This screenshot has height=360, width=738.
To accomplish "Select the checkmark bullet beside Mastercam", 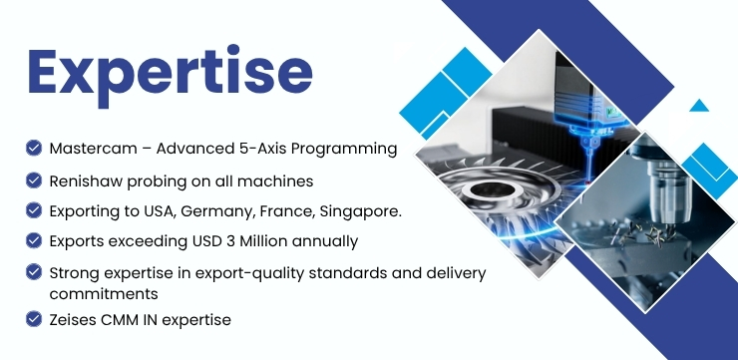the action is click(34, 148).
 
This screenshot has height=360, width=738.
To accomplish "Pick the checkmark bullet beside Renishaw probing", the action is click(34, 180).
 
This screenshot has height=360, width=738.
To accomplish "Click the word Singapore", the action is click(361, 211).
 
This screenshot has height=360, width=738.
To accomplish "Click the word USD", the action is click(207, 241).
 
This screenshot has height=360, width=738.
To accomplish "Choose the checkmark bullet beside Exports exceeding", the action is click(34, 240).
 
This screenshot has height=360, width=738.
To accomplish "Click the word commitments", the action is click(104, 294).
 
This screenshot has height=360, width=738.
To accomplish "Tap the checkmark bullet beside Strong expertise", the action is click(34, 271).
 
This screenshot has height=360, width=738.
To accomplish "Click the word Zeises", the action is click(73, 320).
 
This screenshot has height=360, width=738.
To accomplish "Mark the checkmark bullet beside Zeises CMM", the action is click(34, 318).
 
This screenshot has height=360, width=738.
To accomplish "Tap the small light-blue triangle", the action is click(699, 106).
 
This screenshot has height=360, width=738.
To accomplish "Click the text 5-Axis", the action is click(260, 149).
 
